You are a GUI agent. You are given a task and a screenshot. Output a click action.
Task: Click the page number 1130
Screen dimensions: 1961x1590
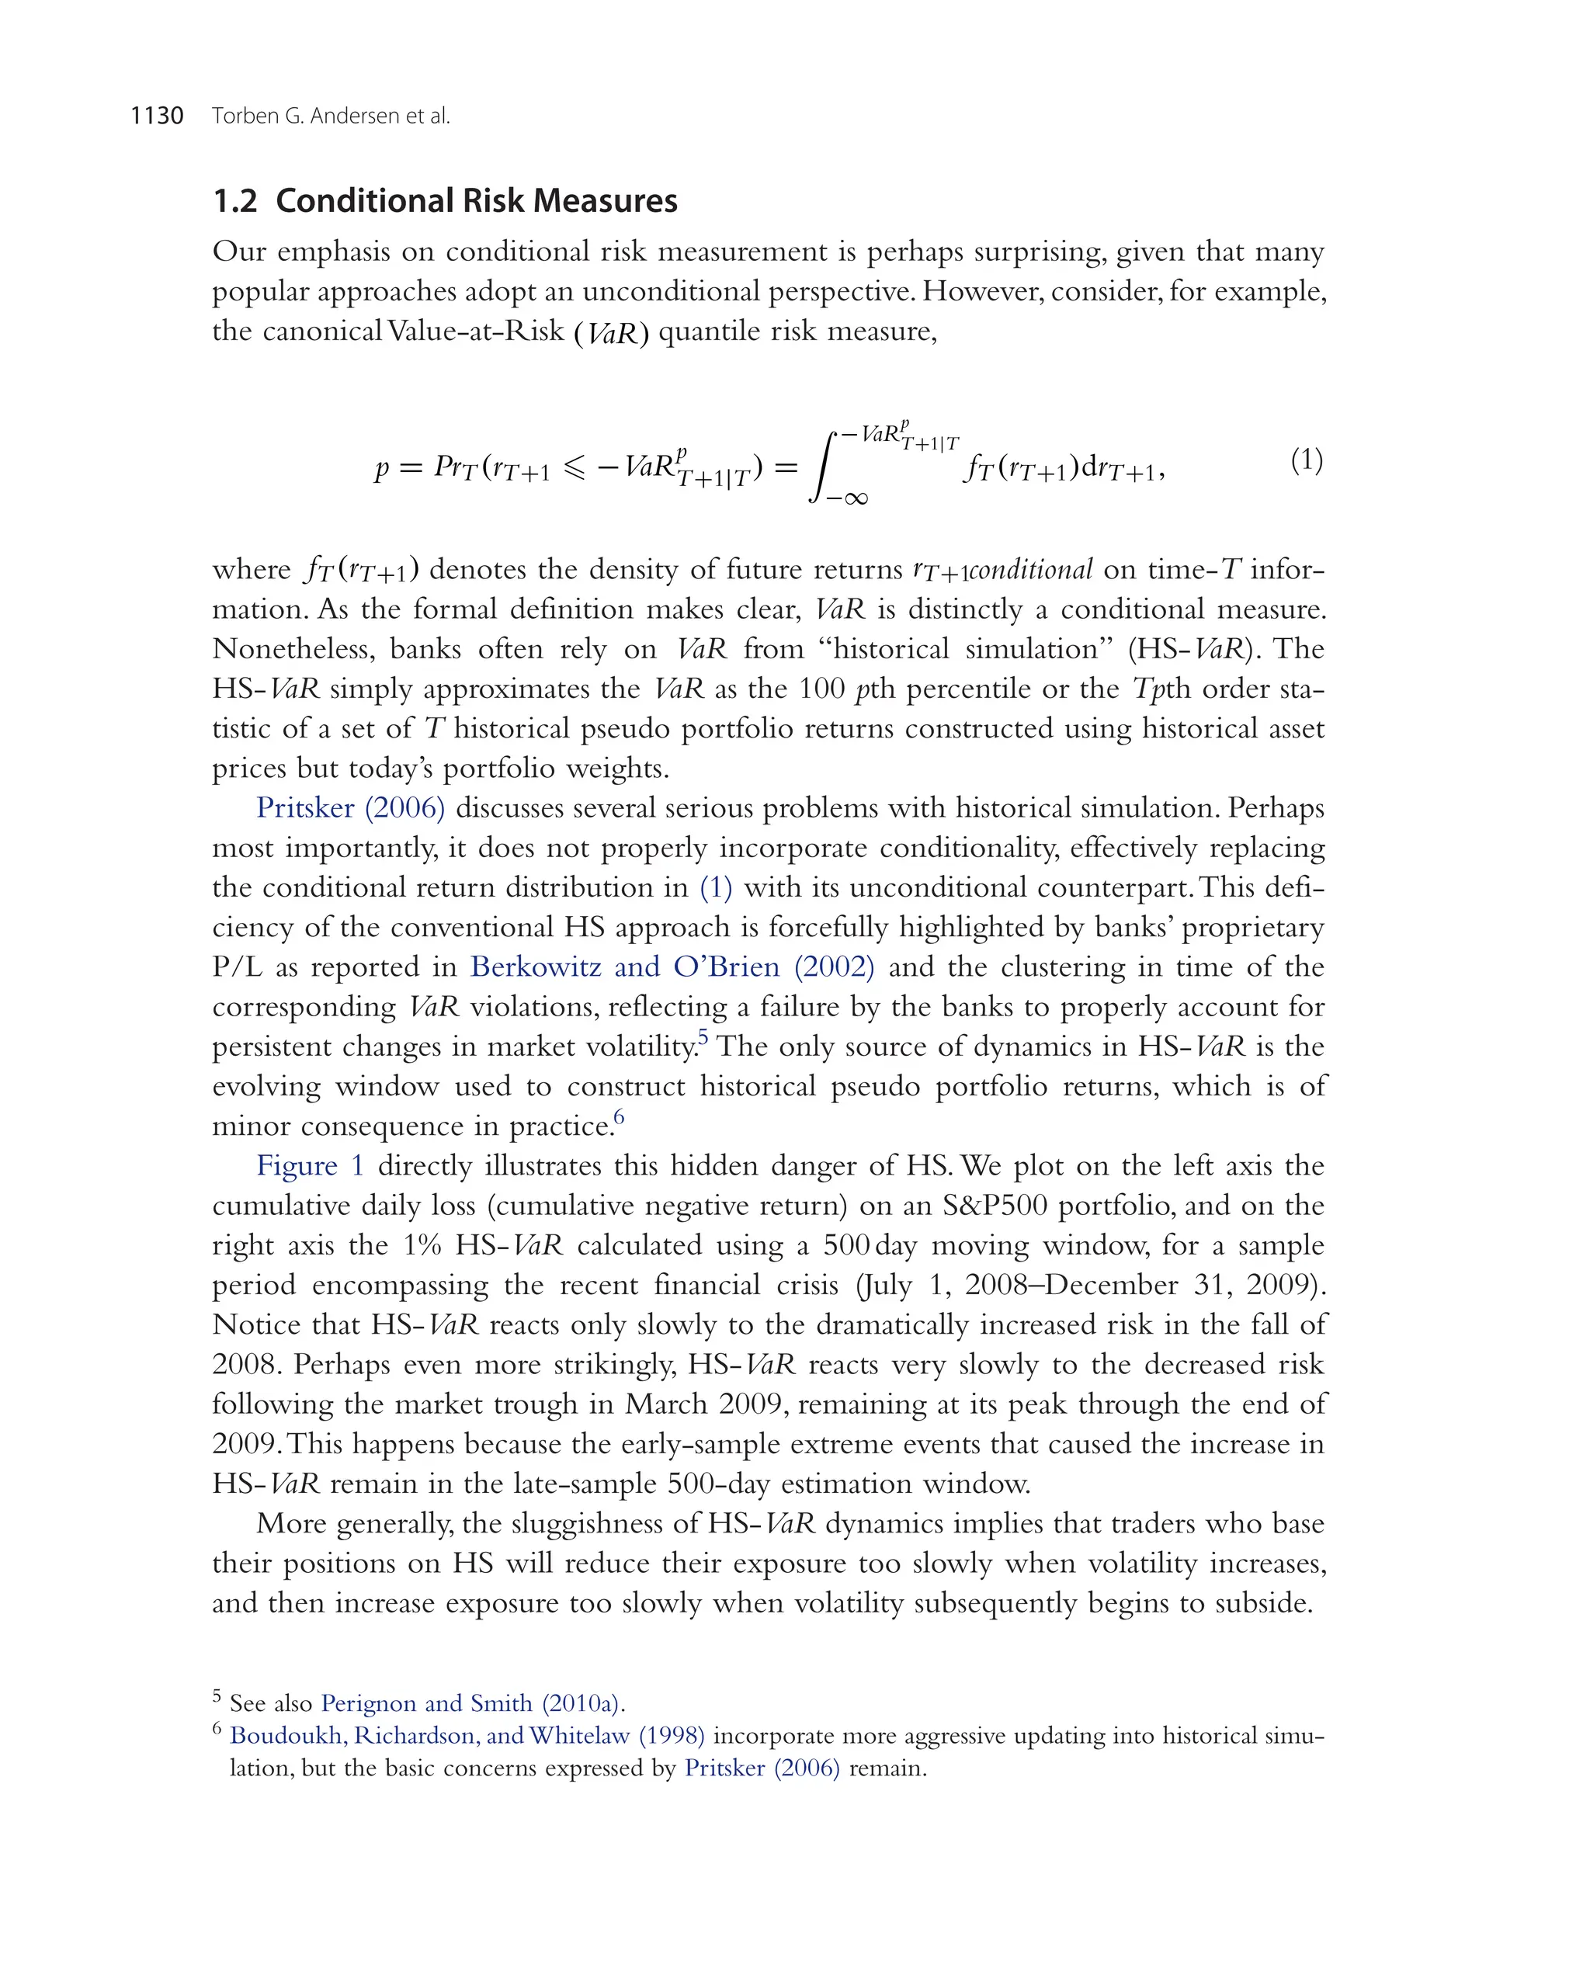[x=157, y=116]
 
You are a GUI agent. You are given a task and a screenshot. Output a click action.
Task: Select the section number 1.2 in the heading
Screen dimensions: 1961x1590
[x=234, y=200]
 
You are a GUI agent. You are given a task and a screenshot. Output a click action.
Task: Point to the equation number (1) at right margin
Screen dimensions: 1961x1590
[x=1306, y=460]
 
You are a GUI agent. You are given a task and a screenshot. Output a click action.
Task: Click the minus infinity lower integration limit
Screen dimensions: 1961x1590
[x=846, y=499]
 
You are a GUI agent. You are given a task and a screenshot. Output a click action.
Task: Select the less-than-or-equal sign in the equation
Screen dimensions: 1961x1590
[x=574, y=468]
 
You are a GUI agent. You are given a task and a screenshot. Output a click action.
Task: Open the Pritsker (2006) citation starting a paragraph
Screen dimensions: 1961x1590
[x=351, y=808]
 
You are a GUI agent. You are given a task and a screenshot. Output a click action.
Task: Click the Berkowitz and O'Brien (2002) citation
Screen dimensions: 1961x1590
[x=672, y=967]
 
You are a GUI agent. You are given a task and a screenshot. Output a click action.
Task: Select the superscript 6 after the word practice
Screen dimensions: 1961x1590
[x=619, y=1116]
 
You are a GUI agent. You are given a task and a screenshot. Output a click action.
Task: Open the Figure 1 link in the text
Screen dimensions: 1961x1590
[x=311, y=1166]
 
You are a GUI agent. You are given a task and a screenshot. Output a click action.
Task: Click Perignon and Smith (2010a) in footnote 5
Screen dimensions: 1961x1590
[x=473, y=1702]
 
